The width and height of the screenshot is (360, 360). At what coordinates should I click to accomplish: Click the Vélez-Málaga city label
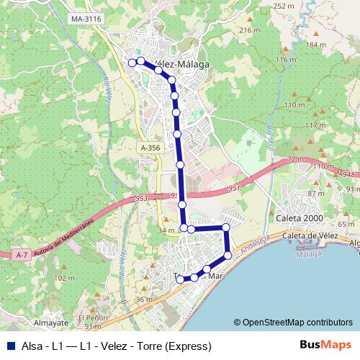[x=178, y=64]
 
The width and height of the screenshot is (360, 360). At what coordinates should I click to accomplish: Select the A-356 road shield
[x=150, y=148]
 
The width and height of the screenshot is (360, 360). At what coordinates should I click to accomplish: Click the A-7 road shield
[x=21, y=254]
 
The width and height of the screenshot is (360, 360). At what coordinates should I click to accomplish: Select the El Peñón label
[x=93, y=318]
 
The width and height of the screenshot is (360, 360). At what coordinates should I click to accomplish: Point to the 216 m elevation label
[x=248, y=30]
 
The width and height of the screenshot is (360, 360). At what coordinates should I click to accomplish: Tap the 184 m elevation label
[x=315, y=45]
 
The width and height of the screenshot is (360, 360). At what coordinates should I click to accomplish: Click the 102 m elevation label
[x=64, y=278]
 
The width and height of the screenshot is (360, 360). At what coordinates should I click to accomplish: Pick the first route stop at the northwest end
[x=132, y=63]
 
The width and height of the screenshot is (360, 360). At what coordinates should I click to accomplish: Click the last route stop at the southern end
[x=180, y=279]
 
